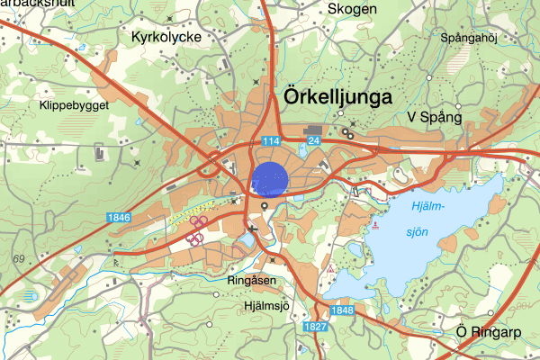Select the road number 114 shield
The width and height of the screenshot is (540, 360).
pyautogui.click(x=272, y=141)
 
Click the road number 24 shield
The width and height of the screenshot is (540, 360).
pyautogui.click(x=313, y=141)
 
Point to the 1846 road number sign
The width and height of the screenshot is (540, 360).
pyautogui.click(x=118, y=217)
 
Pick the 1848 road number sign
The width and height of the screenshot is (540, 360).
pyautogui.click(x=341, y=310)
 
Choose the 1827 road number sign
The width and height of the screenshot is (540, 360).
pyautogui.click(x=315, y=326)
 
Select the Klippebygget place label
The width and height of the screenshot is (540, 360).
pyautogui.click(x=74, y=104)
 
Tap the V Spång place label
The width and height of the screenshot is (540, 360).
pyautogui.click(x=434, y=117)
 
